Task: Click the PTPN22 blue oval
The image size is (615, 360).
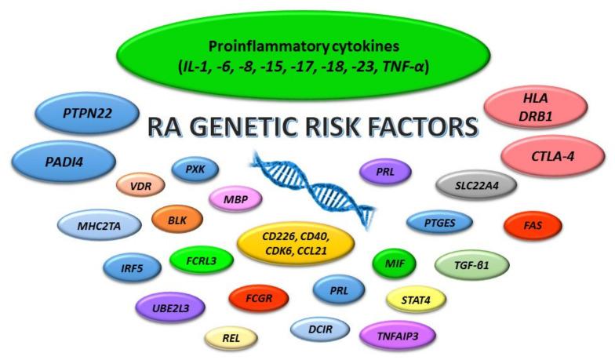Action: pyautogui.click(x=81, y=114)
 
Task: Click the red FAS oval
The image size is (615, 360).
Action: pyautogui.click(x=533, y=226)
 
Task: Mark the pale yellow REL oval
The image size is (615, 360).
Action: pyautogui.click(x=231, y=338)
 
